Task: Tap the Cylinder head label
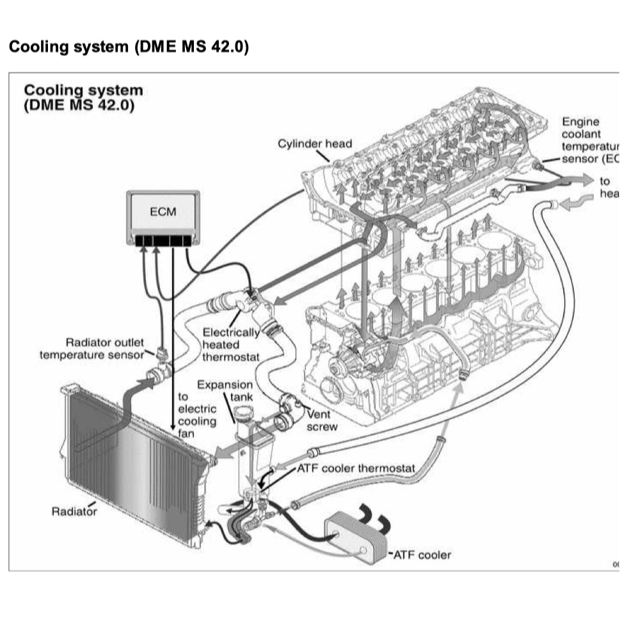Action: click(314, 143)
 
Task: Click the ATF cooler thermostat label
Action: click(356, 468)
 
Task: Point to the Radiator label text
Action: click(74, 511)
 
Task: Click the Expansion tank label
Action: click(225, 391)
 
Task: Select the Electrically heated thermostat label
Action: click(231, 344)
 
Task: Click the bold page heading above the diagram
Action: click(128, 47)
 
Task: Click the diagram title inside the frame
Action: click(83, 97)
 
